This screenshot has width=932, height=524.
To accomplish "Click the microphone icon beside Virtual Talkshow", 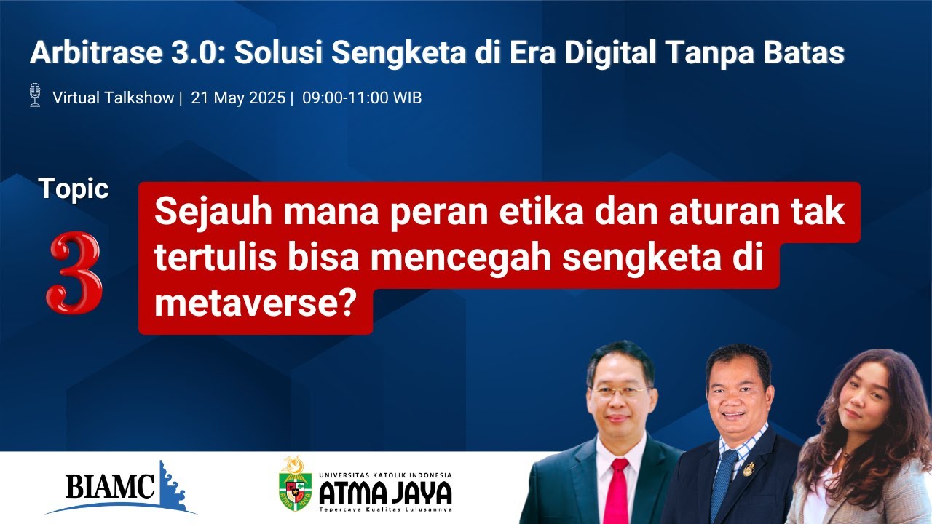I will pyautogui.click(x=34, y=95).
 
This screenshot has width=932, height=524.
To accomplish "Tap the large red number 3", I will pyautogui.click(x=75, y=274).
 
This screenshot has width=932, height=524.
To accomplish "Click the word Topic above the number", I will pyautogui.click(x=74, y=189).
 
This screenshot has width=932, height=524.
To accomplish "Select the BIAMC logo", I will pyautogui.click(x=120, y=487).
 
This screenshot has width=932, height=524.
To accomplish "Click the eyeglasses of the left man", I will pyautogui.click(x=620, y=390).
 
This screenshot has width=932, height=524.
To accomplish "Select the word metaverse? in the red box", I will pyautogui.click(x=254, y=303).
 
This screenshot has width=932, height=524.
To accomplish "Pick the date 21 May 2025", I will pyautogui.click(x=238, y=98).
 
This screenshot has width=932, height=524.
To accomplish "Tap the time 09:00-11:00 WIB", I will pyautogui.click(x=362, y=98).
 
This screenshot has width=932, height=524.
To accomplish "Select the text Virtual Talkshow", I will pyautogui.click(x=113, y=98).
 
